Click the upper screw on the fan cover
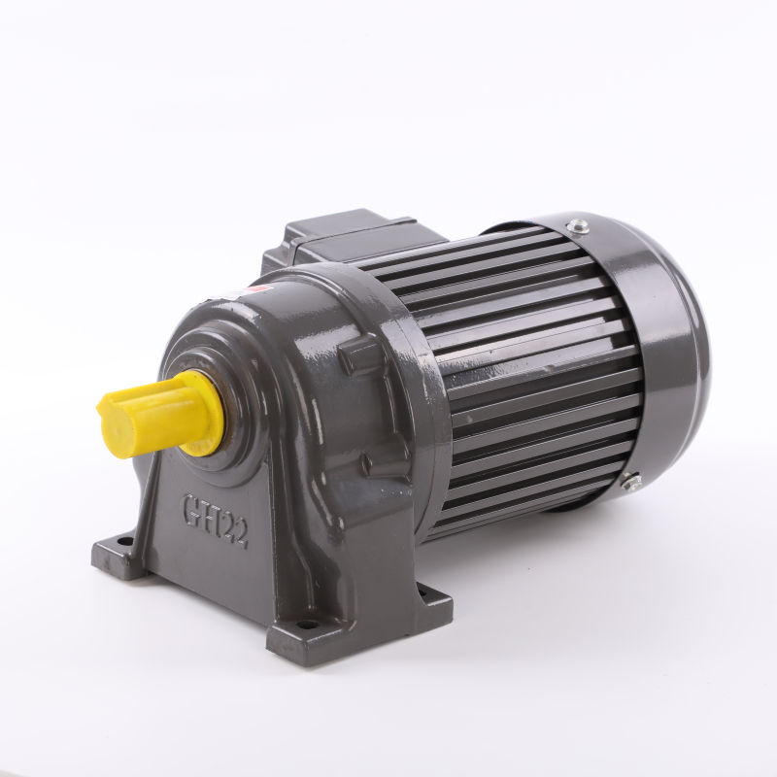click(x=579, y=226)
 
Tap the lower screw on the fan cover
click(x=630, y=481)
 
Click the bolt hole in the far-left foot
click(x=124, y=541)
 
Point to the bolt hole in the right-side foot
click(x=422, y=590)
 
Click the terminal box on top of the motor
click(x=350, y=233)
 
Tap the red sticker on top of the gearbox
click(x=254, y=288)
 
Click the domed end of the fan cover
click(x=670, y=359)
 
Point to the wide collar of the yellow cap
click(x=204, y=413)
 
